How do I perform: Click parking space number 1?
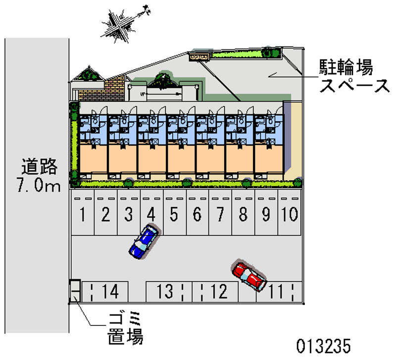[x=83, y=215]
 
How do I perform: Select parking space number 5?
[x=174, y=215]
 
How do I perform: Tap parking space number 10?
[x=290, y=215]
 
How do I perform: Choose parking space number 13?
[x=165, y=292]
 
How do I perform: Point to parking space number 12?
[x=218, y=292]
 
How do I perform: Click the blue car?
[x=144, y=241]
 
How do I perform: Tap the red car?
[x=249, y=275]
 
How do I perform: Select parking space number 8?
[x=243, y=215]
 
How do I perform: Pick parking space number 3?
[x=128, y=215]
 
